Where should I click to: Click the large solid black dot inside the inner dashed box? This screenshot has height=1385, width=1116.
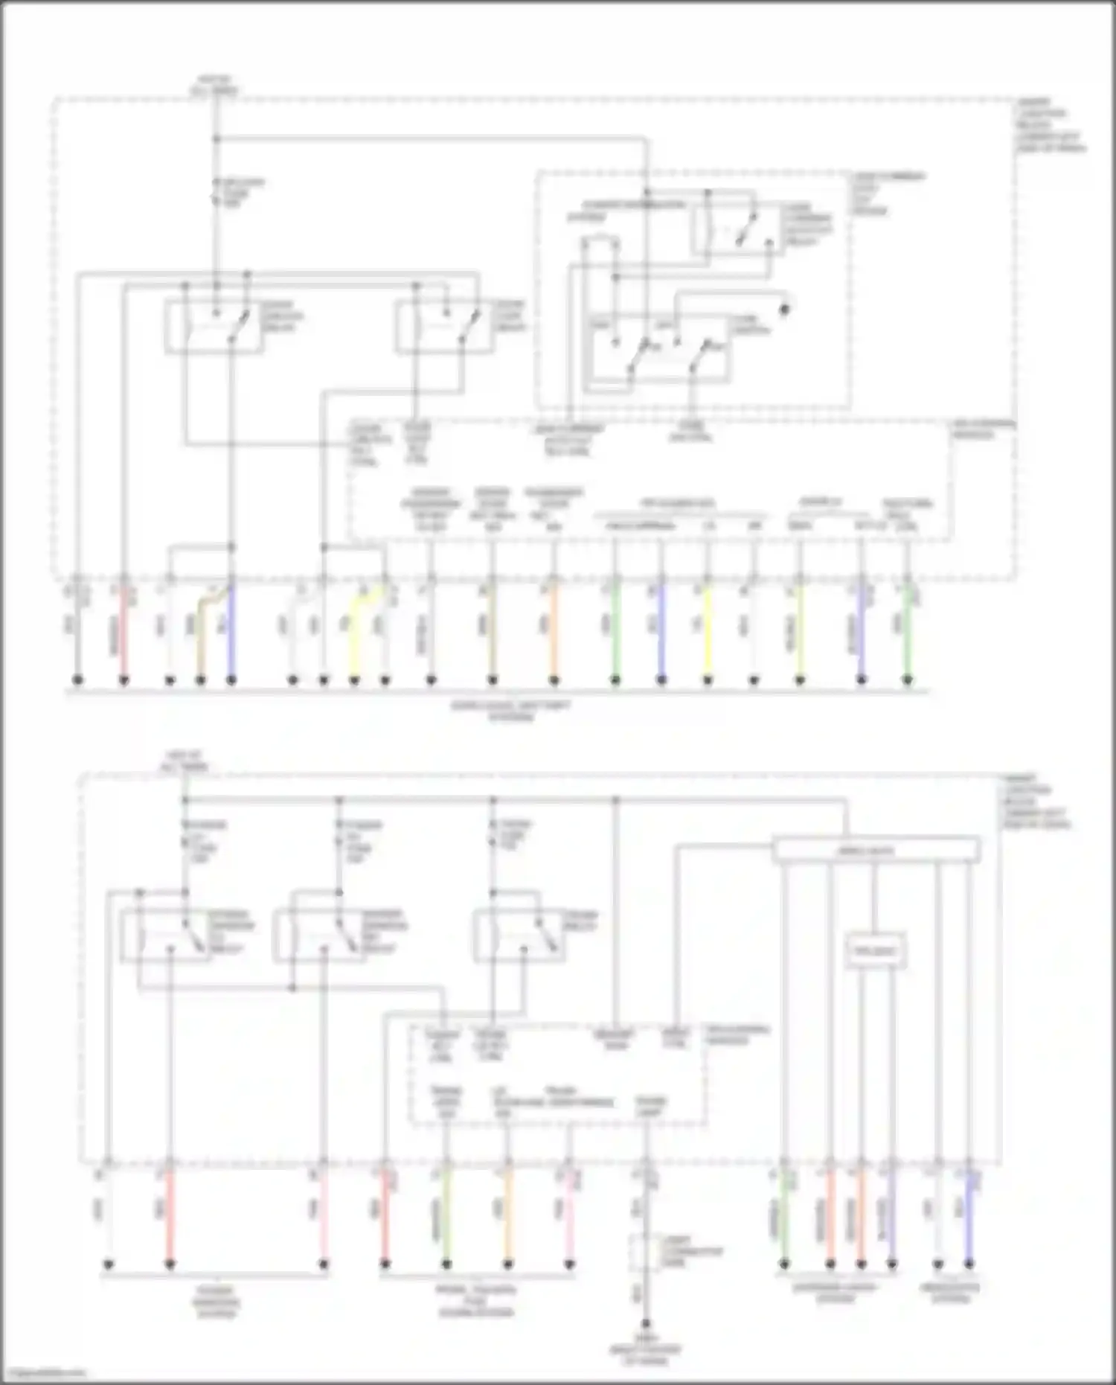click(x=783, y=307)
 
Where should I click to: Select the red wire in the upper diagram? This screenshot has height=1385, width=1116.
click(x=124, y=633)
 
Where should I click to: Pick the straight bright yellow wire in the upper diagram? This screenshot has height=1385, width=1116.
click(x=708, y=633)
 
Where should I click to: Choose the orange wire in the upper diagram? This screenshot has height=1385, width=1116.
click(x=554, y=633)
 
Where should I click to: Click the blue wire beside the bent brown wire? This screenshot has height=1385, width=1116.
click(x=231, y=633)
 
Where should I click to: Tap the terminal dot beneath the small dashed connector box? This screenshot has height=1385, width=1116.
click(x=646, y=1324)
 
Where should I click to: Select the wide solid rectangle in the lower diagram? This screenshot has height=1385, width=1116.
click(x=876, y=850)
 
